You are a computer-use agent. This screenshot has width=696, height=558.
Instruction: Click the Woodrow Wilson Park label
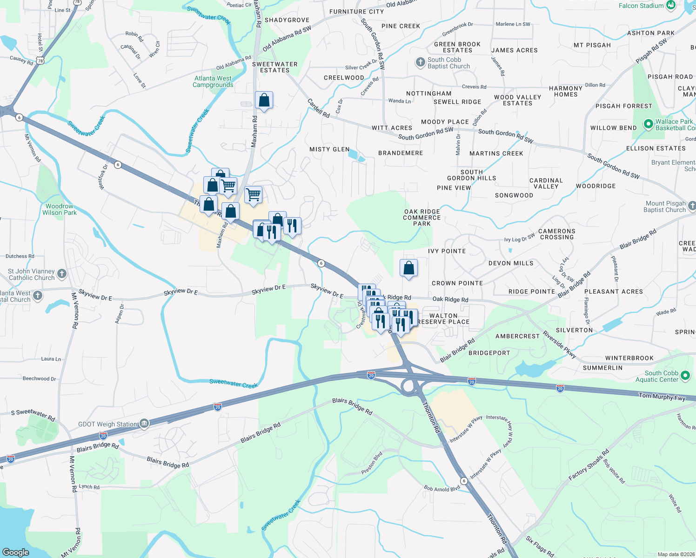pos(59,209)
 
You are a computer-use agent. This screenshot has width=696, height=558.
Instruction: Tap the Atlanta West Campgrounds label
pos(213,81)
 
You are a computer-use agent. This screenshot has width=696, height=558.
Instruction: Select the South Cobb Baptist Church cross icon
pos(420,62)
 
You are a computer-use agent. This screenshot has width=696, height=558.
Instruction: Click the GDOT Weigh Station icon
pos(144,424)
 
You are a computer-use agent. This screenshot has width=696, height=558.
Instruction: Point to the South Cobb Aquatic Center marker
pos(685,376)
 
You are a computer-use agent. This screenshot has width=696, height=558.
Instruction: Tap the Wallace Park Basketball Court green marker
pos(648,124)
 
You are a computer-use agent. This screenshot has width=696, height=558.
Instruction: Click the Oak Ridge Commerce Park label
pos(422,218)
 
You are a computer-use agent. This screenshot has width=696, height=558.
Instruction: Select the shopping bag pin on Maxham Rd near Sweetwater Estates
pos(264,100)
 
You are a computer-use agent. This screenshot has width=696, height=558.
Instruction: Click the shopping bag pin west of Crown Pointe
pos(408,268)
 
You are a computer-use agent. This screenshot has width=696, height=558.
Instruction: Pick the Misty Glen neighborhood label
pos(329,149)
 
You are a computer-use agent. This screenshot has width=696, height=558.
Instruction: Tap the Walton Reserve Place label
pos(443,319)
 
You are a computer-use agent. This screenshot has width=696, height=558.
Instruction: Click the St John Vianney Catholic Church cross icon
pos(62,273)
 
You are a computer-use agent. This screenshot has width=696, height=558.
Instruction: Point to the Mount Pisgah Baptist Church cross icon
pos(692,206)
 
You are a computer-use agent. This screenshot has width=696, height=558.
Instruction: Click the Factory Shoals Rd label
pos(589,465)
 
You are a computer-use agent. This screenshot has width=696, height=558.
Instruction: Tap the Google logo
pos(16,552)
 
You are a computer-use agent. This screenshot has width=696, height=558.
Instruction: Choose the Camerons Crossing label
pos(557,234)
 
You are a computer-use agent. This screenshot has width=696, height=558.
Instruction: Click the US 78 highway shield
pos(40,61)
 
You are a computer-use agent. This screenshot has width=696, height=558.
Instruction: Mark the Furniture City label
pos(356,12)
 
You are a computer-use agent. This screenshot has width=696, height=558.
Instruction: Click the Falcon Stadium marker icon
pos(671,6)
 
